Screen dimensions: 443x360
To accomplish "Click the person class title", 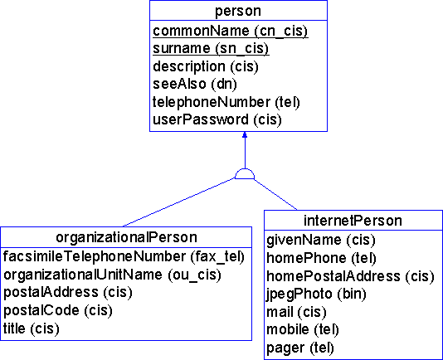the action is pyautogui.click(x=238, y=12).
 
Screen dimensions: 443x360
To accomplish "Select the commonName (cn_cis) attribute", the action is pyautogui.click(x=231, y=31).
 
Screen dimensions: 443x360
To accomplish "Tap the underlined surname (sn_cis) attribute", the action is pyautogui.click(x=211, y=49).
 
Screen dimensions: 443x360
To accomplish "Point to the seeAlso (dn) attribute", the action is pyautogui.click(x=195, y=84).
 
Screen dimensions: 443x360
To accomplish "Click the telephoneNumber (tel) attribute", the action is pyautogui.click(x=226, y=102).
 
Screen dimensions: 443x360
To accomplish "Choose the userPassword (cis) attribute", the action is pyautogui.click(x=217, y=119).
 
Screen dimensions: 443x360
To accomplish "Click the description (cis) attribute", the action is pyautogui.click(x=206, y=66).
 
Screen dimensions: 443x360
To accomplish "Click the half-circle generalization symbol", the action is pyautogui.click(x=245, y=174).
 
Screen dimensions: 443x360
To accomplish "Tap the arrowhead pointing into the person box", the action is pyautogui.click(x=245, y=134).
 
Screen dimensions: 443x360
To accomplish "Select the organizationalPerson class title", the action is pyautogui.click(x=126, y=237).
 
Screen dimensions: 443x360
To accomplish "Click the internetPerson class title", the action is pyautogui.click(x=353, y=221).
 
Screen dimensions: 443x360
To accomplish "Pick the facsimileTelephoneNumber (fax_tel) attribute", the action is pyautogui.click(x=124, y=257).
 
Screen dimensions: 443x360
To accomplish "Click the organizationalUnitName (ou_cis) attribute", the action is pyautogui.click(x=112, y=275).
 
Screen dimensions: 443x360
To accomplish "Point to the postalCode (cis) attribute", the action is pyautogui.click(x=57, y=310).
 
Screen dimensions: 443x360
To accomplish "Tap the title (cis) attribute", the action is pyautogui.click(x=31, y=328).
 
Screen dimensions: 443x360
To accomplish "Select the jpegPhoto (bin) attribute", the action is pyautogui.click(x=316, y=294).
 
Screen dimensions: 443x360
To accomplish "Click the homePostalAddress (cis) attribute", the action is pyautogui.click(x=350, y=276).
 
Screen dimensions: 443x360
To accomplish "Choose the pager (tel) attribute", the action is pyautogui.click(x=300, y=348).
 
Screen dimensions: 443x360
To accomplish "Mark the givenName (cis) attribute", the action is pyautogui.click(x=321, y=241).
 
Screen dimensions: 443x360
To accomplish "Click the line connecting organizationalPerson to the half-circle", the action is pyautogui.click(x=179, y=202).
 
